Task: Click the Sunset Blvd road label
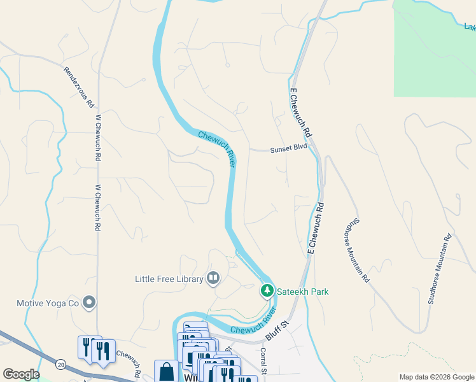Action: coord(288,148)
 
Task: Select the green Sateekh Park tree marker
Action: coord(267,291)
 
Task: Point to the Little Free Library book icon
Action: coord(213,278)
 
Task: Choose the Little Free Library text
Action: coord(169,278)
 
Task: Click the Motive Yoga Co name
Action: coord(47,303)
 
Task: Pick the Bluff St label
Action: coord(277,332)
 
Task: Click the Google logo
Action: coord(21,374)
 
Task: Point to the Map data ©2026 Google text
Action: coord(436,377)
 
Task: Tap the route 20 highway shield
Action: coord(60,364)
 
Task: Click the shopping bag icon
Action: coord(166,372)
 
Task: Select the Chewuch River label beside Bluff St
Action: coord(253,323)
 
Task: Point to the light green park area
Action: coord(434,48)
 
